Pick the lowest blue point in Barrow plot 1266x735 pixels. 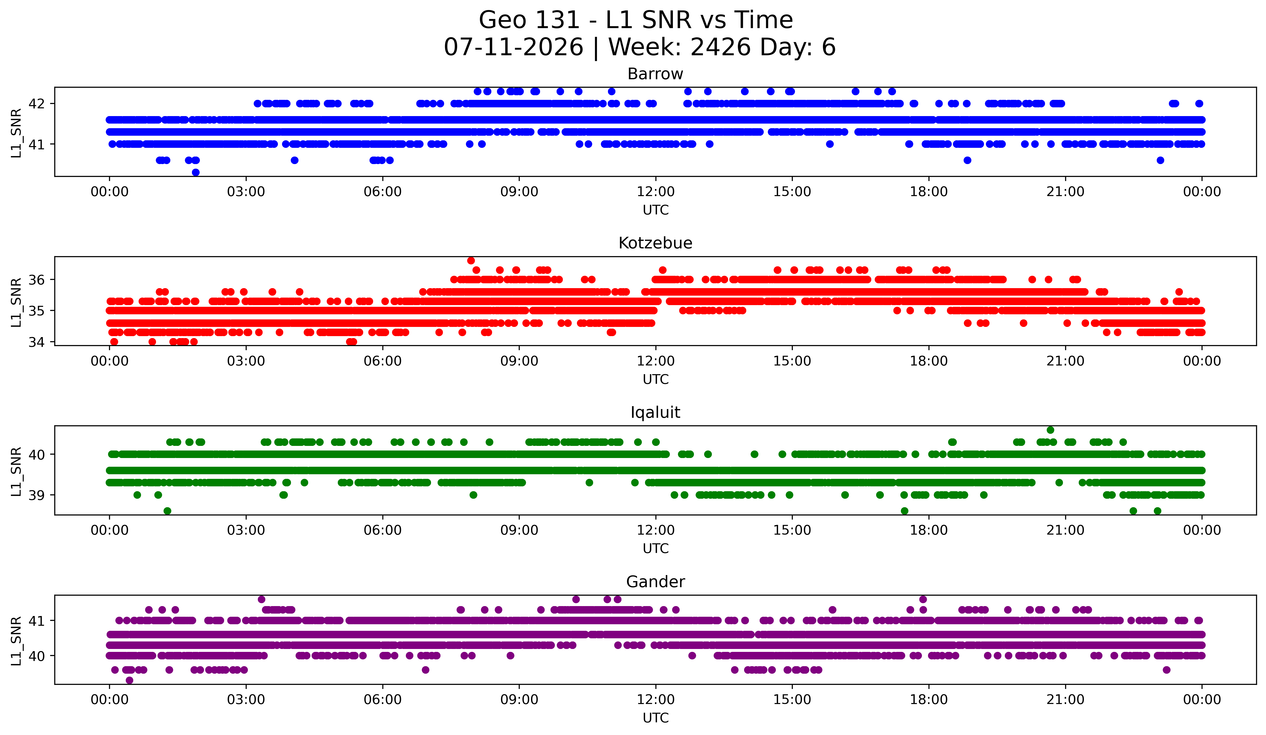(196, 172)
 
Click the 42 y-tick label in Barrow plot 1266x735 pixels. (37, 104)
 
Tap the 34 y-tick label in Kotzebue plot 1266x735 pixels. (37, 342)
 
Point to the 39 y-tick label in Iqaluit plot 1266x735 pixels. (37, 495)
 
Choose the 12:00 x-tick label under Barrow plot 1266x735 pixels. (656, 192)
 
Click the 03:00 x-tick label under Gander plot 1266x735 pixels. (246, 700)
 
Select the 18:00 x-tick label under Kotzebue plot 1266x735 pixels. (929, 361)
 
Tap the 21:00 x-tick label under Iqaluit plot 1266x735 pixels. (1066, 530)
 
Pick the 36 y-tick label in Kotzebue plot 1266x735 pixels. (37, 280)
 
